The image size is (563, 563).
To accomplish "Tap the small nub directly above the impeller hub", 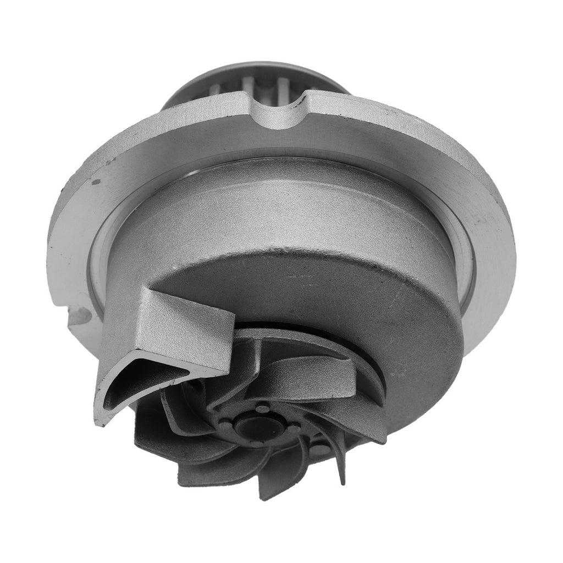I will pyautogui.click(x=263, y=407).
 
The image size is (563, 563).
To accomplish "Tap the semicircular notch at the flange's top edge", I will pyautogui.click(x=284, y=113).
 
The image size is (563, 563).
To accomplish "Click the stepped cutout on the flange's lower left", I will pyautogui.click(x=77, y=319).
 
